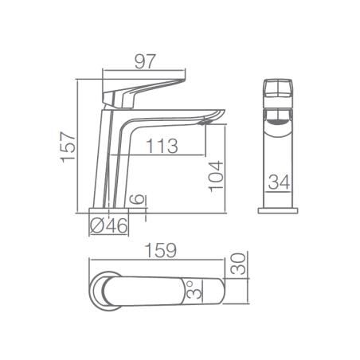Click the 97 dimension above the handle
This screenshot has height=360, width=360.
pos(145,61)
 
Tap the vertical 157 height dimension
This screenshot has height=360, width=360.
pos(68,147)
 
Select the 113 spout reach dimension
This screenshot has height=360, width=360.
pos(162,146)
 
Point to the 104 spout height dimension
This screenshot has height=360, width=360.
pos(216,176)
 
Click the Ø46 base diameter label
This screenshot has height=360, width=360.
pos(109,225)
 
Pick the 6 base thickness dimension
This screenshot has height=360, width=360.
pos(137,199)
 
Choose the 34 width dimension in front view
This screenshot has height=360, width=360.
pos(279,182)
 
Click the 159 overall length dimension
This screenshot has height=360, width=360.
pos(161,250)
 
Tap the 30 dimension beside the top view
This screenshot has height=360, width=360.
pos(238,264)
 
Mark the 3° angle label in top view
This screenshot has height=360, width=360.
pos(194,291)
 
